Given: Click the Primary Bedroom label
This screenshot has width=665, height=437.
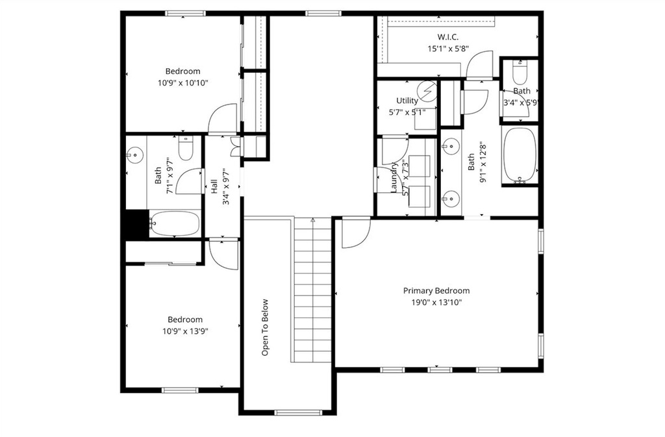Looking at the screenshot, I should click(x=436, y=291).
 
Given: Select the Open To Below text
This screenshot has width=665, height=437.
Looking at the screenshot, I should click(x=266, y=327).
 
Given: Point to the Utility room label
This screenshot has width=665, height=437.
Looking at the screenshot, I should click(x=407, y=101).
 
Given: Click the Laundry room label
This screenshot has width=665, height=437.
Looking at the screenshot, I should click(x=394, y=177).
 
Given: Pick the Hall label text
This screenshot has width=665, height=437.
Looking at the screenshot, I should click(x=214, y=186).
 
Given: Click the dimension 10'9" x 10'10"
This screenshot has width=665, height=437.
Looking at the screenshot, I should click(x=182, y=82).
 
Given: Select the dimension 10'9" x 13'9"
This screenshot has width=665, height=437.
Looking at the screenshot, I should click(x=184, y=331).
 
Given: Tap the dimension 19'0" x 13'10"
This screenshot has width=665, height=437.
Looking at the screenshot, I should click(x=436, y=302).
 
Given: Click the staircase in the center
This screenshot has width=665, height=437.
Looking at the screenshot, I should click(x=313, y=289).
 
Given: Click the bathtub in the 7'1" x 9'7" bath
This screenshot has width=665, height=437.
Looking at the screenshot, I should click(x=175, y=225).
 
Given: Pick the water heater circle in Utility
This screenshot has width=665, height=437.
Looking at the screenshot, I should click(x=427, y=92).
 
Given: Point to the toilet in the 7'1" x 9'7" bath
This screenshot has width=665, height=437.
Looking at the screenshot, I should click(x=186, y=149).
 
